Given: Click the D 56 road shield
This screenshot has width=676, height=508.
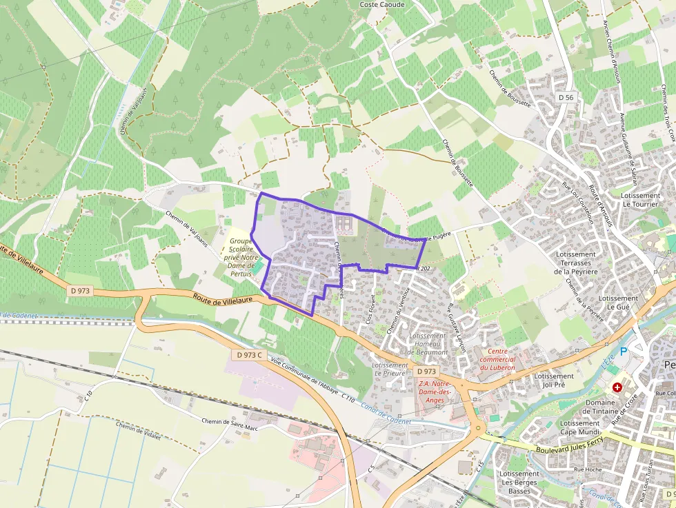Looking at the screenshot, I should [566, 98].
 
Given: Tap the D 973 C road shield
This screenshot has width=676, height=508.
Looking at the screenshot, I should [250, 355].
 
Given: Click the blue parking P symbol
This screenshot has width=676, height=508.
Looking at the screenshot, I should [624, 352].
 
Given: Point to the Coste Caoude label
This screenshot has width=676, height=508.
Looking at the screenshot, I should [382, 4].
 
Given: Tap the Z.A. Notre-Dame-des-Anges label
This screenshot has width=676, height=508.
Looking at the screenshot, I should [435, 392].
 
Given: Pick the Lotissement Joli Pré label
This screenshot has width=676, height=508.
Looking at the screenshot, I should [554, 381].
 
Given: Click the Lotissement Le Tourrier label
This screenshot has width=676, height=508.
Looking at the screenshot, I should [640, 200].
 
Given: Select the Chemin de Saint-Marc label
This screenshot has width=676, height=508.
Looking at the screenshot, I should [229, 421].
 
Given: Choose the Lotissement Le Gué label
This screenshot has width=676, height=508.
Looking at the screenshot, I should [618, 303].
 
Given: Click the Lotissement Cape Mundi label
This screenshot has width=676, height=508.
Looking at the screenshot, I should [580, 428].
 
